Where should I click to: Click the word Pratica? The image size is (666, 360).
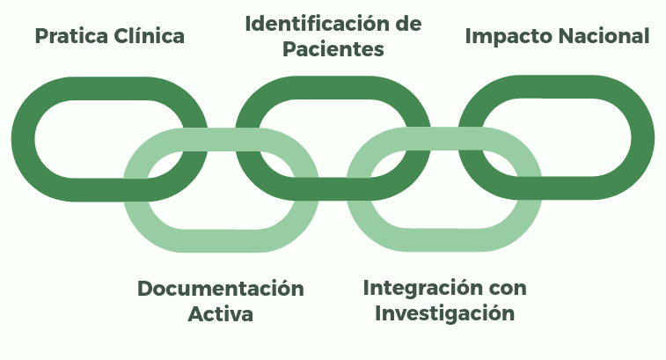[x=71, y=36]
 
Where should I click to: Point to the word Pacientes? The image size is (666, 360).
[x=333, y=49]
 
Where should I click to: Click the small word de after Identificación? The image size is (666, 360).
[x=408, y=24]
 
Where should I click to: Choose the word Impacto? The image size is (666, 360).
[x=509, y=37]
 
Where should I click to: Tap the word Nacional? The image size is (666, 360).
[x=604, y=36]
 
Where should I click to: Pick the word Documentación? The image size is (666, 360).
[x=221, y=289]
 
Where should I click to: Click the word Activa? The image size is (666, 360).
[x=221, y=314]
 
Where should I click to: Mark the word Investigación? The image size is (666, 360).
[x=444, y=314]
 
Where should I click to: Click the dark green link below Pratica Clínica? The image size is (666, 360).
[x=24, y=139]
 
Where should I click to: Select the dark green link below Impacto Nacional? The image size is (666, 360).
[x=642, y=137]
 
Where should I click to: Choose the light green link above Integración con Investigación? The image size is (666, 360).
[x=444, y=240]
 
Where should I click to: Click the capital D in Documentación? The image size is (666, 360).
[x=145, y=289]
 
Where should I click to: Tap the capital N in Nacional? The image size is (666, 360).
[x=567, y=36]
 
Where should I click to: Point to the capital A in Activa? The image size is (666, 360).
[x=196, y=314]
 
